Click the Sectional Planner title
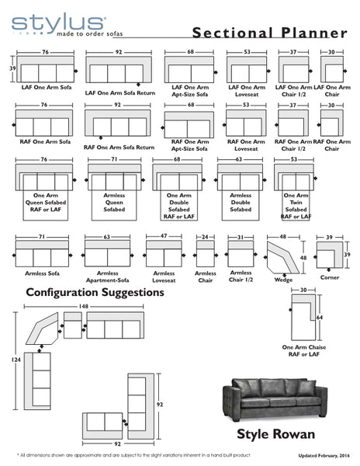(269, 33)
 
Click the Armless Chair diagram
(206, 253)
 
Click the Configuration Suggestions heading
(95, 293)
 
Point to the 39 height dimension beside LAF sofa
(12, 69)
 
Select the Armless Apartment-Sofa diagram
(108, 253)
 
